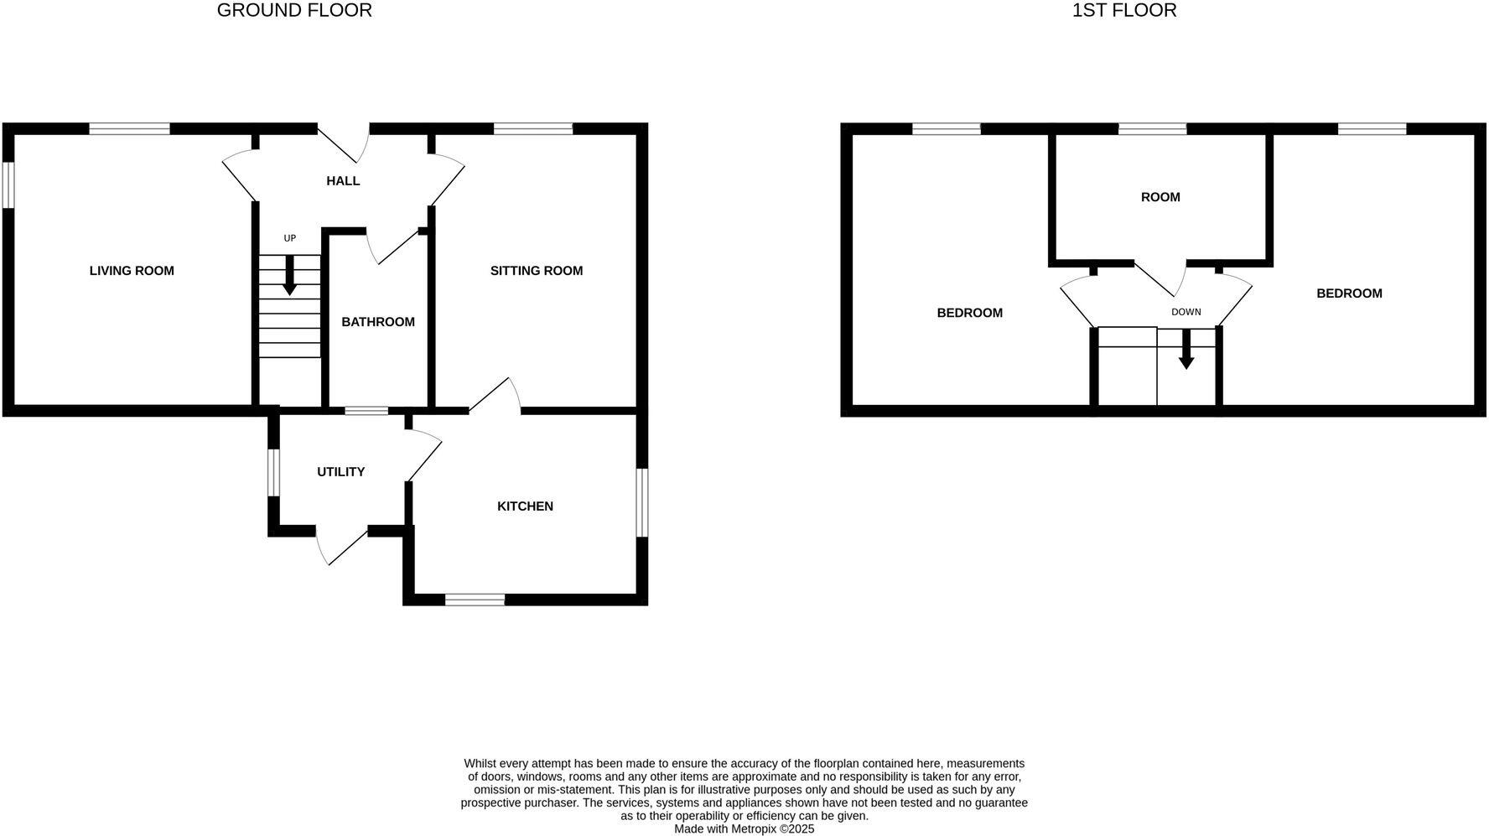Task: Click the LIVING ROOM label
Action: [x=132, y=271]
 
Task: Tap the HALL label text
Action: [x=343, y=181]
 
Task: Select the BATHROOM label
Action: [x=378, y=322]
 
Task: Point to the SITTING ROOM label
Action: [x=537, y=271]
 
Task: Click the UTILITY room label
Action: [x=340, y=472]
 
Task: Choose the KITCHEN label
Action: [x=525, y=506]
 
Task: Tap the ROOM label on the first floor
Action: [x=1160, y=197]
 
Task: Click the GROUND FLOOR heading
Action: [x=294, y=11]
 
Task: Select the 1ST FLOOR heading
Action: [x=1124, y=11]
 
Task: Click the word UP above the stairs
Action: [x=290, y=238]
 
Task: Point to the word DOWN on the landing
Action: [x=1186, y=312]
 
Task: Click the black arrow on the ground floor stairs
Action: [x=289, y=277]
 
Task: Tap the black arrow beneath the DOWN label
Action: [x=1186, y=350]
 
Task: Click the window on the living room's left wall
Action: [x=8, y=184]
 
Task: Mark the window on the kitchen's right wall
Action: [x=642, y=501]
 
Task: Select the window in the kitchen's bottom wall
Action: [x=475, y=599]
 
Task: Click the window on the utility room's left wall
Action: [x=273, y=472]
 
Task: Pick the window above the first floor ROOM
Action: [x=1152, y=129]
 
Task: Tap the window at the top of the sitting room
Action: [x=532, y=129]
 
